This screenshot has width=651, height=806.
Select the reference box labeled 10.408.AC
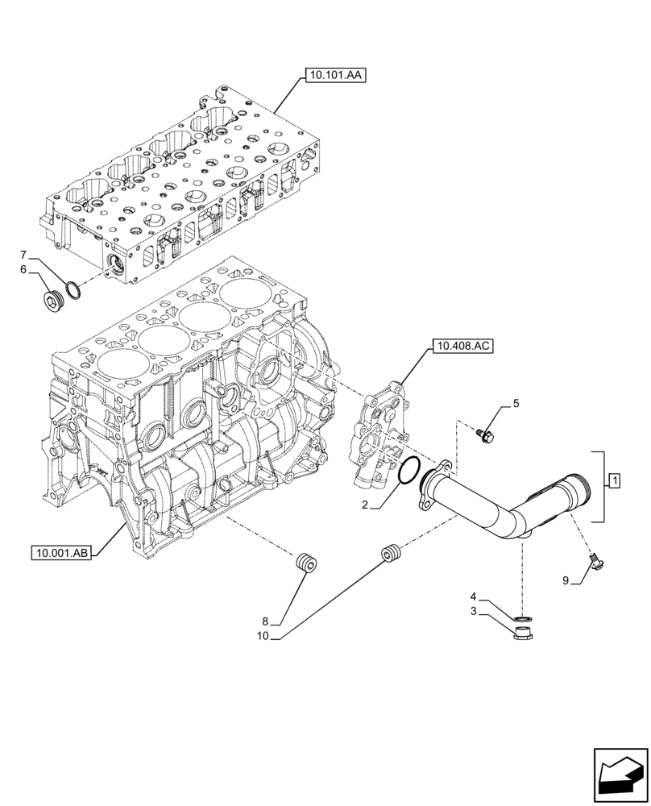click(462, 347)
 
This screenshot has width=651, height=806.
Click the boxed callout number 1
click(614, 482)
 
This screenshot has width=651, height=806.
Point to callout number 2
click(365, 505)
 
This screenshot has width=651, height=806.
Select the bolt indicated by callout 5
click(487, 436)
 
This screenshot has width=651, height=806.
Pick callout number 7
click(23, 254)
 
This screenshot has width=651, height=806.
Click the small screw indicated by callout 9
click(596, 559)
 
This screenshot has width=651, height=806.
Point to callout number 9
click(566, 580)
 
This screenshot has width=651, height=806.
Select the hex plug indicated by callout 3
click(522, 633)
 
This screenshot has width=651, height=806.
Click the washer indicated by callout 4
click(522, 618)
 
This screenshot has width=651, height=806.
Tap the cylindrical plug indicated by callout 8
click(306, 563)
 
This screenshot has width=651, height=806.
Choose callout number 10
click(262, 636)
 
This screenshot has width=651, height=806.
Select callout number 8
click(264, 621)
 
